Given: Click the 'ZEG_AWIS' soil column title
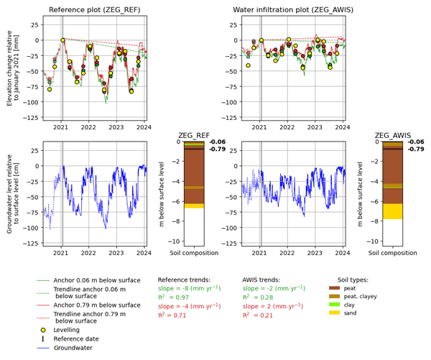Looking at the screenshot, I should pyautogui.click(x=392, y=135).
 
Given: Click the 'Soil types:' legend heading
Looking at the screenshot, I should pyautogui.click(x=353, y=280).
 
